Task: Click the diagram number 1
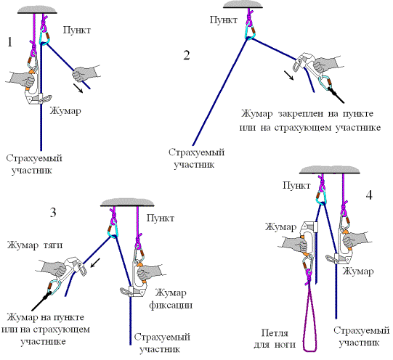click(9, 42)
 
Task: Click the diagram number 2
click(187, 55)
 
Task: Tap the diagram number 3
click(53, 213)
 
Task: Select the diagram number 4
click(369, 195)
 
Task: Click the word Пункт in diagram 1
click(77, 30)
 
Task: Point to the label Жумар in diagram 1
click(65, 110)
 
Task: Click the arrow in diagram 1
click(78, 88)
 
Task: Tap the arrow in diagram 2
click(288, 75)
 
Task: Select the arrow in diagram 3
click(95, 263)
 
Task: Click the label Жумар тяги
click(35, 245)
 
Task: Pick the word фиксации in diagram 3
click(171, 306)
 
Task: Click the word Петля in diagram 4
click(275, 333)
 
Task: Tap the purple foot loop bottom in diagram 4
click(309, 350)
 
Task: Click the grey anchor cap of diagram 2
click(243, 4)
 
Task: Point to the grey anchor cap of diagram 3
click(127, 202)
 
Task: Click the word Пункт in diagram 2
click(223, 20)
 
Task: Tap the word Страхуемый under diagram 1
click(34, 159)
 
